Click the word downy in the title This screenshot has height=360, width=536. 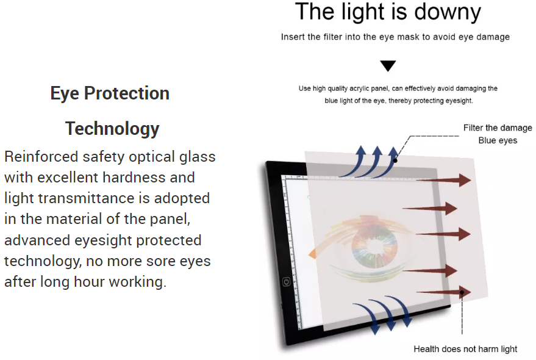coord(448,12)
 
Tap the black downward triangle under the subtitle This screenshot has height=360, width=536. coord(388,66)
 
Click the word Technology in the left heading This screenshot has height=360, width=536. coord(112,129)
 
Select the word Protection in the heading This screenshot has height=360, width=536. coord(127,93)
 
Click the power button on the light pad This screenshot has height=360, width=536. coord(287,282)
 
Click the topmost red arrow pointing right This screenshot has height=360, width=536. coord(444,180)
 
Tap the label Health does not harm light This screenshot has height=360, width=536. coord(465,349)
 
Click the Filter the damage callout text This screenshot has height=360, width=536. coord(498,128)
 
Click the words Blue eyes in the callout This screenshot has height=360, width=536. coord(498,140)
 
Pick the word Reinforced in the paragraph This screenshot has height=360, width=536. coord(41,157)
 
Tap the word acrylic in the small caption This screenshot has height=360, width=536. coord(362,88)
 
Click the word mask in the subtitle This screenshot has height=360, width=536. coord(408,37)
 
